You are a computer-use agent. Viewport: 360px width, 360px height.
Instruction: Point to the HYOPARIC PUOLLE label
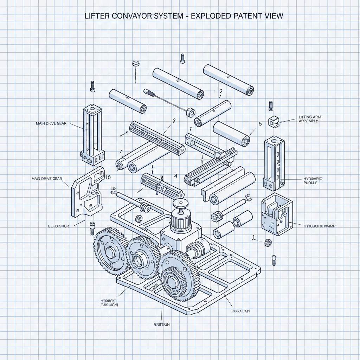[x=312, y=181]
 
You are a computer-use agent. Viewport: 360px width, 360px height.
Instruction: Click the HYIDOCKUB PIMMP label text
[x=319, y=226]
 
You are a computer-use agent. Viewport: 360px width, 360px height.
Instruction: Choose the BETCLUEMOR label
[x=58, y=226]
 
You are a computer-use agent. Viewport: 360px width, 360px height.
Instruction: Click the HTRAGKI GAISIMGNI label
[x=107, y=303]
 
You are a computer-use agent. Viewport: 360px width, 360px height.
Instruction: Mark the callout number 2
[x=221, y=91]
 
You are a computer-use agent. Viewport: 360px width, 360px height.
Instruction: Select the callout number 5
[x=260, y=124]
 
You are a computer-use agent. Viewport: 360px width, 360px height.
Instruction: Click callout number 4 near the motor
[x=175, y=176]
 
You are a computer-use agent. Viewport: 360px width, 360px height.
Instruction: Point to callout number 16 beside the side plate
[x=108, y=177]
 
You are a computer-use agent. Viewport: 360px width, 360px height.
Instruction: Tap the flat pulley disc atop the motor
[x=180, y=204]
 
